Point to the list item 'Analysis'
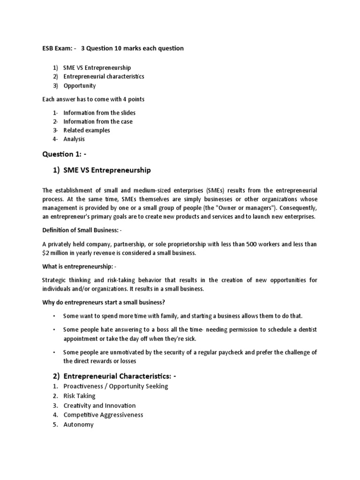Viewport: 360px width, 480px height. pyautogui.click(x=74, y=139)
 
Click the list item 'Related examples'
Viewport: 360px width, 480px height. pyautogui.click(x=87, y=130)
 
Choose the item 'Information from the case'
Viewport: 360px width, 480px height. pyautogui.click(x=98, y=121)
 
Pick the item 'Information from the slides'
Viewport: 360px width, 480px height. pyautogui.click(x=99, y=113)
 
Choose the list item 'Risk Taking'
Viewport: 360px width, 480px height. pyautogui.click(x=79, y=396)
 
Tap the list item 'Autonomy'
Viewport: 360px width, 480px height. pyautogui.click(x=78, y=425)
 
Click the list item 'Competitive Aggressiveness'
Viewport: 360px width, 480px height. pyautogui.click(x=103, y=415)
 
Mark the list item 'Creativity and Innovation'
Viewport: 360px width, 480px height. pyautogui.click(x=99, y=405)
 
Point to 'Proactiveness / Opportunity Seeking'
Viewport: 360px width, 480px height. pyautogui.click(x=115, y=386)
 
